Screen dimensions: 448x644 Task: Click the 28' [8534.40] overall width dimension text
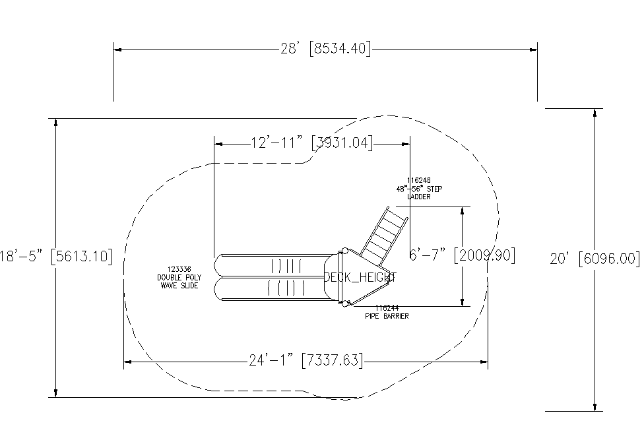click(x=325, y=49)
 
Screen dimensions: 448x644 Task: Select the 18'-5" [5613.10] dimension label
click(x=56, y=256)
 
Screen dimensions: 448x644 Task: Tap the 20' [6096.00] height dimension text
click(x=595, y=259)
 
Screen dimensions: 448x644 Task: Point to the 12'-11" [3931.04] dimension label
click(x=312, y=143)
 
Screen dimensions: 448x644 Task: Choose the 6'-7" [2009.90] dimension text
click(x=462, y=255)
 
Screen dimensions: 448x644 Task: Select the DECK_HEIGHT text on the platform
click(x=360, y=278)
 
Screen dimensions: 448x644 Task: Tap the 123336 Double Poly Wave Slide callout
click(x=179, y=278)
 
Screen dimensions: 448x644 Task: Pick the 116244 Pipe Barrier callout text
click(x=387, y=312)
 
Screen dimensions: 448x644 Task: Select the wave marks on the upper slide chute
click(x=286, y=266)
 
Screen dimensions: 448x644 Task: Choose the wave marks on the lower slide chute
click(x=286, y=288)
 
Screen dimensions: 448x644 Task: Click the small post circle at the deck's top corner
click(x=344, y=251)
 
